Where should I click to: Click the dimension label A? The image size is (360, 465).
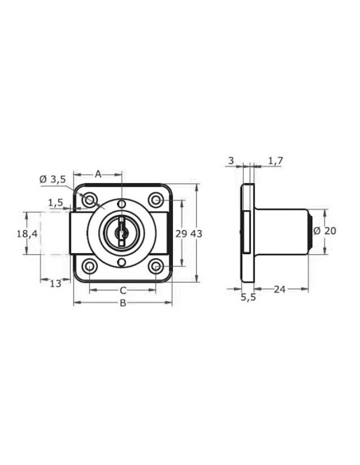pos(98,174)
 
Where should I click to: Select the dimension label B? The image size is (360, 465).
pos(123,303)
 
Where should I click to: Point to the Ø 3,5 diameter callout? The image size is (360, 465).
pos(53,179)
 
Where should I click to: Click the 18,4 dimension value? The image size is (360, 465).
pos(27,233)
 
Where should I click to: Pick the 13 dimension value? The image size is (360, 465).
pos(55,283)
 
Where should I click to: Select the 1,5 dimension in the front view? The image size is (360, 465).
pos(55,203)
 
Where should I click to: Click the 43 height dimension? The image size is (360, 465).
pos(196,233)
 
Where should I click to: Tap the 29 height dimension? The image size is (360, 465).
pos(182,233)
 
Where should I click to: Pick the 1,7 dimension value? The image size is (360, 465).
pos(275,161)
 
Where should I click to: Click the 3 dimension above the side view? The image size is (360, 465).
pos(231,161)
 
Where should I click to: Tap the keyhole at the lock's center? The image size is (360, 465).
pos(121,232)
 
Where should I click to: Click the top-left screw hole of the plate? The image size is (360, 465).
pos(90,198)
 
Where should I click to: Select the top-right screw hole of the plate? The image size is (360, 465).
pos(156,198)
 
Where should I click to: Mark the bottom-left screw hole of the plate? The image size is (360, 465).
pos(90,266)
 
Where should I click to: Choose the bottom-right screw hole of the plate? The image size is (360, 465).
pos(156,266)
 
